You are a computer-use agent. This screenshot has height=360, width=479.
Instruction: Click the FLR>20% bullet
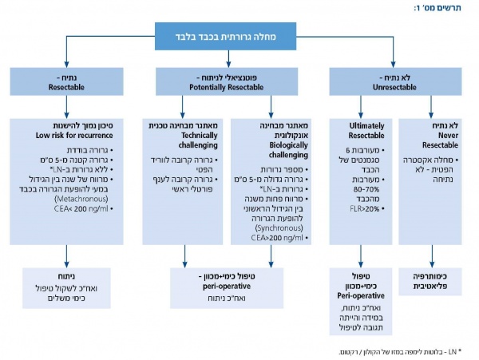pos(368,207)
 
